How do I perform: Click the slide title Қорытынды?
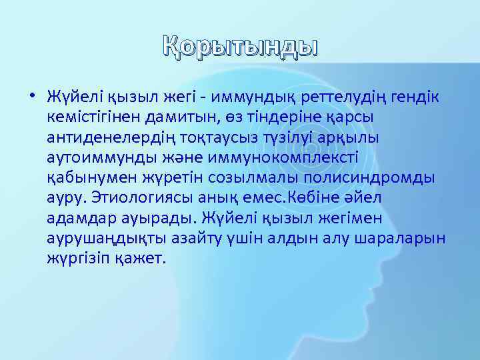[x=240, y=48]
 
